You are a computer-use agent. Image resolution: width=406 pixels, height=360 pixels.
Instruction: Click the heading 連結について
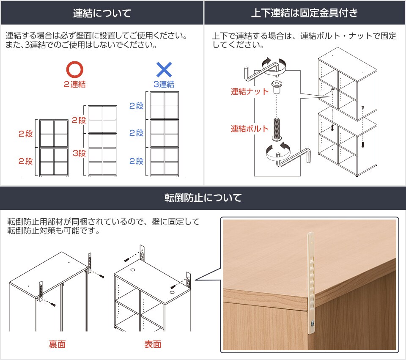[x=102, y=13]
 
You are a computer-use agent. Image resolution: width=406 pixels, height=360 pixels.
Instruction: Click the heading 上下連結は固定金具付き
[x=304, y=13]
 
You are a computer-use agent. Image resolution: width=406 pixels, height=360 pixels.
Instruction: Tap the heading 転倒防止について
[x=203, y=198]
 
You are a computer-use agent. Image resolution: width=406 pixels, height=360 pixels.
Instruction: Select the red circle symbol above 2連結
[x=75, y=69]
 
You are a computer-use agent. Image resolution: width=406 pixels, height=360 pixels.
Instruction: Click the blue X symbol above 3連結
[x=164, y=69]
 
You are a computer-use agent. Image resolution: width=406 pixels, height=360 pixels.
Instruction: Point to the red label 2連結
[x=75, y=84]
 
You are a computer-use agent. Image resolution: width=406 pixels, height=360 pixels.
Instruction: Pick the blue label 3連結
[x=164, y=84]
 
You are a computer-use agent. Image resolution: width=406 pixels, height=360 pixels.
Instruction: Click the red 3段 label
[x=79, y=153]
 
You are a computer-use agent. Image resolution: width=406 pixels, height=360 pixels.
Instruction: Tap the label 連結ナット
[x=250, y=91]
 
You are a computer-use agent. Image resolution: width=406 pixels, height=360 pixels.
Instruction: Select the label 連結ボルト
[x=250, y=129]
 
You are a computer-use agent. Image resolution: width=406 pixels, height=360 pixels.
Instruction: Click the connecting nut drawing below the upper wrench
[x=276, y=88]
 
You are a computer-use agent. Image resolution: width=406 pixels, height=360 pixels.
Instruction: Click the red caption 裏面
[x=57, y=344]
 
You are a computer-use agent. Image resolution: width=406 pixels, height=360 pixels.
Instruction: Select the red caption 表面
[x=153, y=344]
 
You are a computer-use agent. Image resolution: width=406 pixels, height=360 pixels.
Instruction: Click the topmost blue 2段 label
[x=136, y=106]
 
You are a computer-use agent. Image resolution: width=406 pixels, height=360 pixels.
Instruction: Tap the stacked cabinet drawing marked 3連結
[x=165, y=133]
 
